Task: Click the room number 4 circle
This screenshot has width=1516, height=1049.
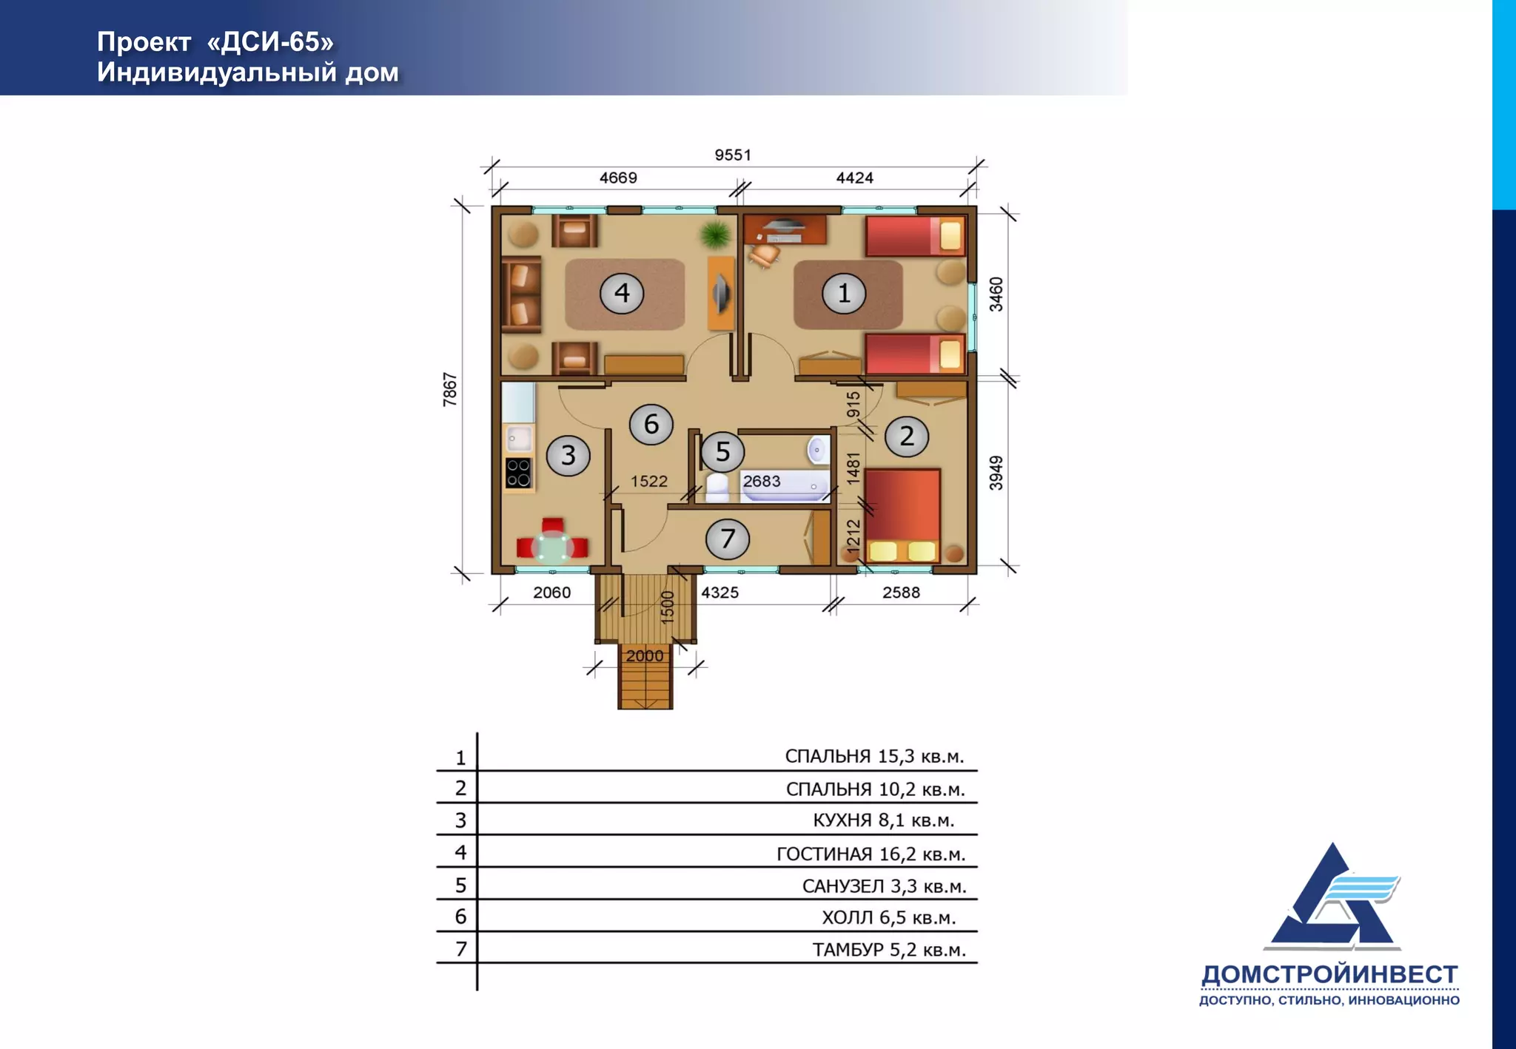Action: coord(622,293)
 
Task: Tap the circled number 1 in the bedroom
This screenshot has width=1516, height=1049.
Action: coord(844,293)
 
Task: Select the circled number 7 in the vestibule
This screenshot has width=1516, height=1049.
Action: coord(728,539)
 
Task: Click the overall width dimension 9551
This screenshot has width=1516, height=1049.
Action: coord(733,155)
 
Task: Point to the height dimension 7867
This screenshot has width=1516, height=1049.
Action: coord(450,390)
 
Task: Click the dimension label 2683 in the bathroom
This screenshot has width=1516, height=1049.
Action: coord(762,481)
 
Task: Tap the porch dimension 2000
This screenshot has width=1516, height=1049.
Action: coord(645,655)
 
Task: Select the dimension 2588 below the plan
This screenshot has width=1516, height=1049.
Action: coord(901,593)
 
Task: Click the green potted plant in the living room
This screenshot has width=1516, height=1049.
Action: coord(715,235)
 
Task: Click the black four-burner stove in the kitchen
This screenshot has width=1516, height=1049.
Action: coord(518,473)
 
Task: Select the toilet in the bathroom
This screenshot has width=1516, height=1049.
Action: coord(717,488)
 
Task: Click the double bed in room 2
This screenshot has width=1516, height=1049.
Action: coord(902,515)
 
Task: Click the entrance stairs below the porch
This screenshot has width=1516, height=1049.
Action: coord(645,676)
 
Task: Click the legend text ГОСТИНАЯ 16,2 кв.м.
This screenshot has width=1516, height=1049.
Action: coord(871,854)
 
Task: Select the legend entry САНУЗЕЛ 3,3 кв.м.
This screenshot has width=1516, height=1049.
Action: coord(884,886)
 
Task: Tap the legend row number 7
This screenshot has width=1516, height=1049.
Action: coord(461,949)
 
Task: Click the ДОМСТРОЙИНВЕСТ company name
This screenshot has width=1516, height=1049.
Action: coord(1329,974)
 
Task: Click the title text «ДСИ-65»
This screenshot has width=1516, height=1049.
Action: coord(270,42)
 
